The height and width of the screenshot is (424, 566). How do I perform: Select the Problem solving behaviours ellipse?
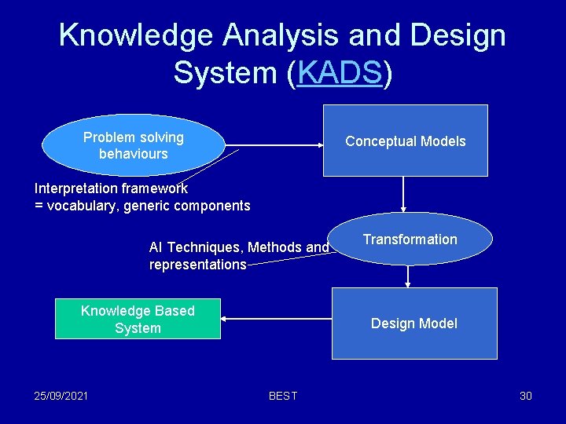133,145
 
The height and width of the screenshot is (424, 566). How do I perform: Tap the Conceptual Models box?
406,141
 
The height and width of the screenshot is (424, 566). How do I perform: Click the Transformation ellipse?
410,239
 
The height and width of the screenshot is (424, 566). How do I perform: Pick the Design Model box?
414,323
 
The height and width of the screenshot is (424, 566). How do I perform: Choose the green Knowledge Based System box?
138,319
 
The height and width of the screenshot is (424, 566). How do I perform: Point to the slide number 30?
525,395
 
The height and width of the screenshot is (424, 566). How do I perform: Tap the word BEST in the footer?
283,396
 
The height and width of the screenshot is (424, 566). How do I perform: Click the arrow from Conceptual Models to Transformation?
402,194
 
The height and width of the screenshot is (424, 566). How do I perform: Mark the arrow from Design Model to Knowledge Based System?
275,319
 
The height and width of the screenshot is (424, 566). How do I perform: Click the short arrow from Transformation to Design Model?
407,276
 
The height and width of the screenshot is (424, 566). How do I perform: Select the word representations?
197,265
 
